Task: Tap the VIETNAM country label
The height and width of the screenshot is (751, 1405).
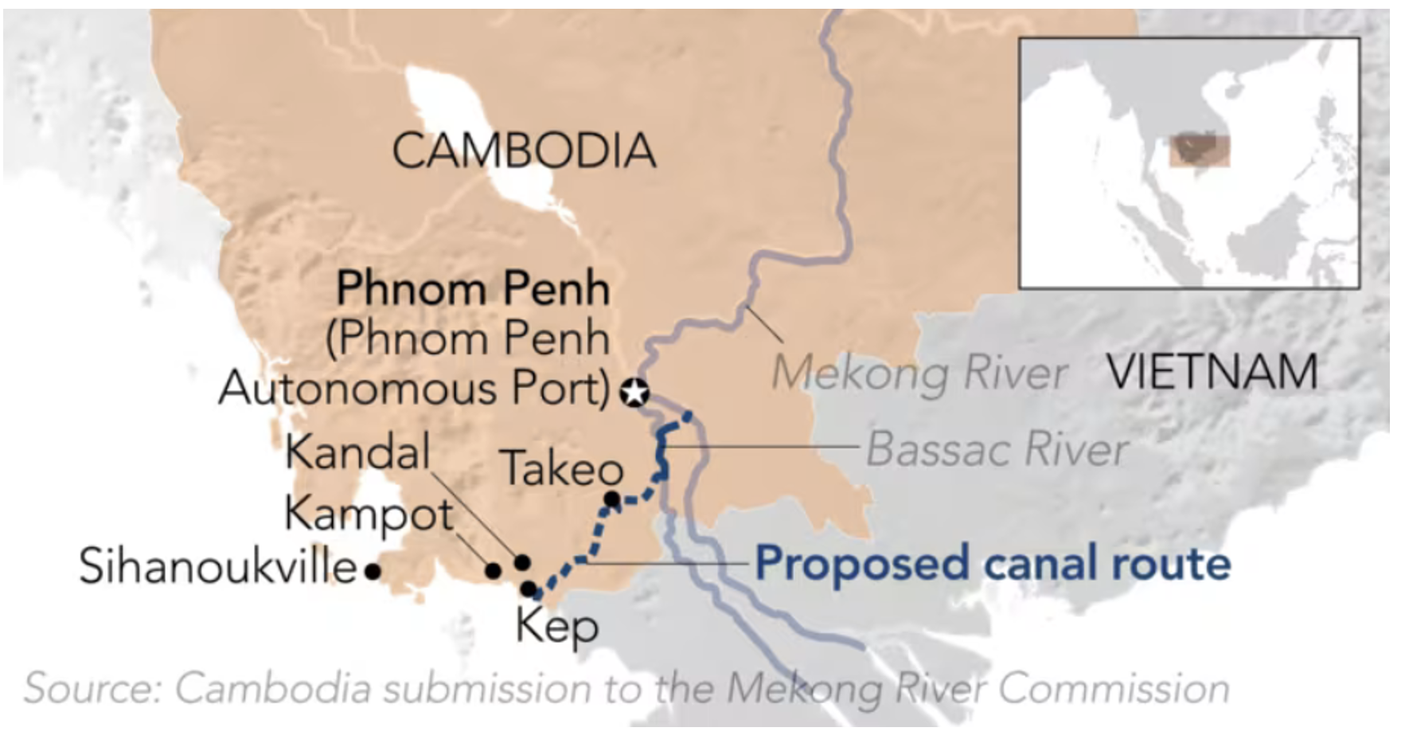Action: click(x=1212, y=372)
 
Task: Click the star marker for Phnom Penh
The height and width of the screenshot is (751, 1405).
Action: click(x=634, y=392)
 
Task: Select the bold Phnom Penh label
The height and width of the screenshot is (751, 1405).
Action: click(x=473, y=288)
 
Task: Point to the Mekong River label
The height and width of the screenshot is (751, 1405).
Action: click(x=919, y=373)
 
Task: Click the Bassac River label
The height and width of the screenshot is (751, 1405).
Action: click(x=997, y=449)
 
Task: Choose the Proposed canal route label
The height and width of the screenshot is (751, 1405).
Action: click(x=992, y=563)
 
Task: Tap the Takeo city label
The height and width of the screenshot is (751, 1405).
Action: click(x=562, y=468)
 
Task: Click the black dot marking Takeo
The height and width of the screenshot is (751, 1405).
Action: click(x=612, y=499)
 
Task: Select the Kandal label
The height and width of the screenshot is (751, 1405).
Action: click(x=357, y=452)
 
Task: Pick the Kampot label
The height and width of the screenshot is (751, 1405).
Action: click(x=369, y=514)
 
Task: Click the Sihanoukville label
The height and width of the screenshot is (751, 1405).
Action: click(x=217, y=567)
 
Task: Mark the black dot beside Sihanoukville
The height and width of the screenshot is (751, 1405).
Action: click(x=372, y=570)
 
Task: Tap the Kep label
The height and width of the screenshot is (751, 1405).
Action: click(x=556, y=626)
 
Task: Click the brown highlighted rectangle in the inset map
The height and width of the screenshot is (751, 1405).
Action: click(x=1200, y=151)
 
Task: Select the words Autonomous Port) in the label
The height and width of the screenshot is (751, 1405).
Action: click(x=414, y=389)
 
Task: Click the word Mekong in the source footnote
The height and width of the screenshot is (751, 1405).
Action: click(x=804, y=689)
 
